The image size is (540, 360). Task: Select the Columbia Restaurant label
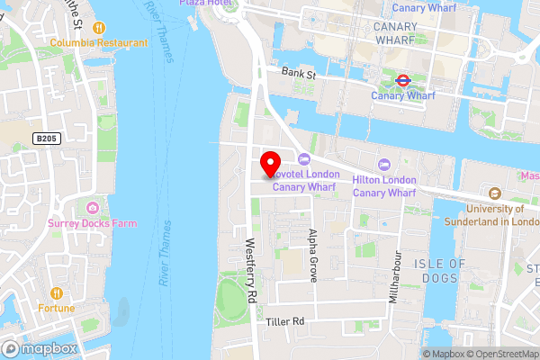click(98, 42)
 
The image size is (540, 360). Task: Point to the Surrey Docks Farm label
click(94, 223)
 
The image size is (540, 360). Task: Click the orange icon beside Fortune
click(56, 292)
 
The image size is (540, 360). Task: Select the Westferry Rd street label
click(252, 270)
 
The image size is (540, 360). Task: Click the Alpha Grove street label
click(313, 256)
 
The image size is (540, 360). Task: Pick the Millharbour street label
click(393, 278)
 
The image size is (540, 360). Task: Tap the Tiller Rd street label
click(286, 320)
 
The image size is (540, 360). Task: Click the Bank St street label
click(297, 72)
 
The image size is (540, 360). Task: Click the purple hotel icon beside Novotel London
click(302, 158)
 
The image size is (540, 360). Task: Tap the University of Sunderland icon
click(494, 193)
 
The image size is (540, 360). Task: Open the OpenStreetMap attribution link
click(499, 354)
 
